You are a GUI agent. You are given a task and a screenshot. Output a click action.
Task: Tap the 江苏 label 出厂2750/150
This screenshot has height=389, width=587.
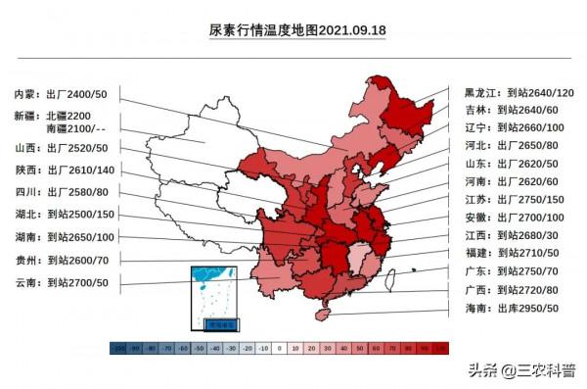(532, 199)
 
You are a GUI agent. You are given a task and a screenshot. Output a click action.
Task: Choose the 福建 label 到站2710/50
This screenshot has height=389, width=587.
(529, 253)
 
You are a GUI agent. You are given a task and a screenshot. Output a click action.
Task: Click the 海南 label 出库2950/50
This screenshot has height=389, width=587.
(529, 308)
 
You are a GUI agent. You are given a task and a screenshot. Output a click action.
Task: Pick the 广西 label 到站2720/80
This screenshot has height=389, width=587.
(529, 290)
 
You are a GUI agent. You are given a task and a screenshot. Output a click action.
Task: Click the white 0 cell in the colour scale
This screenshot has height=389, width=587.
(280, 347)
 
